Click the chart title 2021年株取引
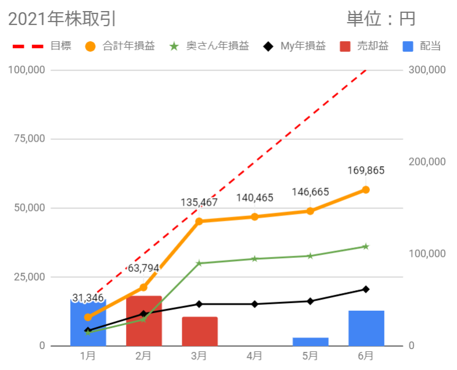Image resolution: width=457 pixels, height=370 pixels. click(62, 19)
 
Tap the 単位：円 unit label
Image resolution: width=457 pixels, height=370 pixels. click(381, 19)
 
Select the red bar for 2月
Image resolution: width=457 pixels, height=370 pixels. click(143, 321)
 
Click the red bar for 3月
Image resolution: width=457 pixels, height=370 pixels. click(199, 332)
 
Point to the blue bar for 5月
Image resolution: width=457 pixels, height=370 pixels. click(310, 342)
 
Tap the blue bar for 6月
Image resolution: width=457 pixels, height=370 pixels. click(366, 328)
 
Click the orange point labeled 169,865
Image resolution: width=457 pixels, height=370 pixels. click(366, 190)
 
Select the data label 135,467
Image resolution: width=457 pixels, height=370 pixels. click(199, 203)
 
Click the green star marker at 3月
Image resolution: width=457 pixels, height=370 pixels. click(199, 263)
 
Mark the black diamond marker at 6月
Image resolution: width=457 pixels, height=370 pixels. click(366, 289)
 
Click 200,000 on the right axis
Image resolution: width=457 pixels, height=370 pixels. click(426, 162)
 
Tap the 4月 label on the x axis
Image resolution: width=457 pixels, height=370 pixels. click(254, 355)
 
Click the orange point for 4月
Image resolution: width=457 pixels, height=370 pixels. click(254, 217)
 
